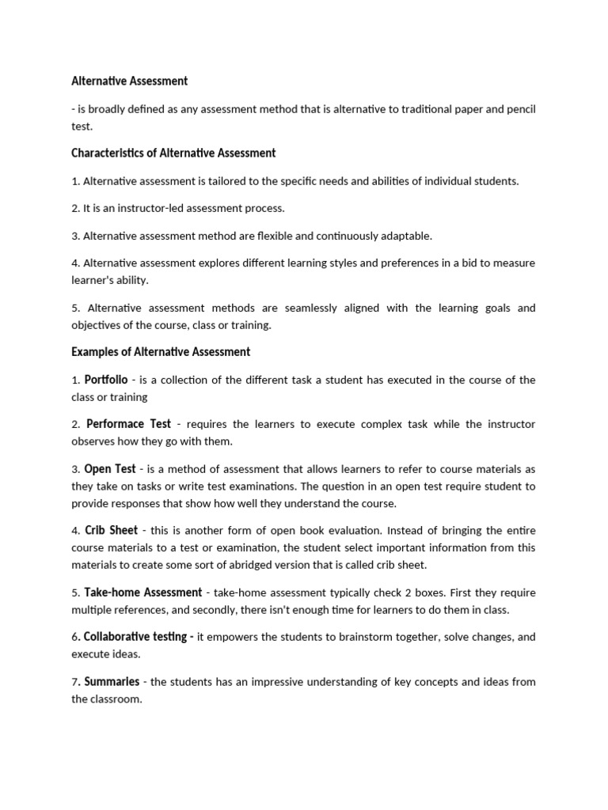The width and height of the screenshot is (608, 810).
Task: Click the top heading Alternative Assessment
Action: [130, 81]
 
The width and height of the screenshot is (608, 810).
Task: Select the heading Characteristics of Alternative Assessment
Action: [173, 153]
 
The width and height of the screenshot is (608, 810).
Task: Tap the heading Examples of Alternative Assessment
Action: [161, 351]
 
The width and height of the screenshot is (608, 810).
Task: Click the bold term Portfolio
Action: [106, 380]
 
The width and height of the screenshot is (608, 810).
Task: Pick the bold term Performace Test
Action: [128, 424]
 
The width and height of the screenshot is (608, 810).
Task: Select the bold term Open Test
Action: [111, 468]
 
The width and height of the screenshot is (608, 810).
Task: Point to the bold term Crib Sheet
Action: [112, 530]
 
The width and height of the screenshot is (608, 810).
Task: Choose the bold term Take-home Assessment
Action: [144, 592]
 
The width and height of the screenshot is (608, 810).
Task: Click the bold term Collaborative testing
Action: [138, 636]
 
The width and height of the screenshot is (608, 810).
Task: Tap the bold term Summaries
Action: [112, 681]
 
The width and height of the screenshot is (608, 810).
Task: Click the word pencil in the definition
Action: [519, 109]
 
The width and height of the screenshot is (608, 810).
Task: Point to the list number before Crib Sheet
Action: [75, 531]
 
